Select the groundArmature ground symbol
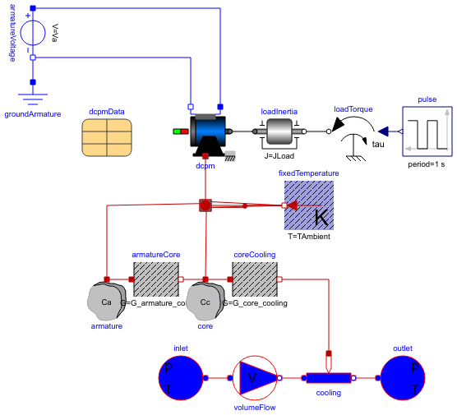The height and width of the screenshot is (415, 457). click(33, 100)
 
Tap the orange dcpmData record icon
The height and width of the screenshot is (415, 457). click(107, 136)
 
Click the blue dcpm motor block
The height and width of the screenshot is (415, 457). click(210, 132)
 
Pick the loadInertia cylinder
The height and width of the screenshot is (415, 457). click(279, 131)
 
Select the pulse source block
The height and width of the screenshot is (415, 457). click(426, 131)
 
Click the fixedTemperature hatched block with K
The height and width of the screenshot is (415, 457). click(308, 205)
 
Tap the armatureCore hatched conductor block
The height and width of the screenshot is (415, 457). click(155, 279)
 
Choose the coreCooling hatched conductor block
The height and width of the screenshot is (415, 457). click(255, 279)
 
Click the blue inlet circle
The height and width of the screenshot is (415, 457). click(181, 378)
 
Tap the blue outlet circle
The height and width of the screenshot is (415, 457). click(403, 378)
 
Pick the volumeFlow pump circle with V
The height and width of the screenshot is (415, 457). click(255, 378)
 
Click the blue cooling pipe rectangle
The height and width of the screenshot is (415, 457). click(330, 378)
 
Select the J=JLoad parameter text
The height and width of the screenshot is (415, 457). click(279, 155)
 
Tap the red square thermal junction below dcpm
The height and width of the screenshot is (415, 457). click(205, 205)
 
